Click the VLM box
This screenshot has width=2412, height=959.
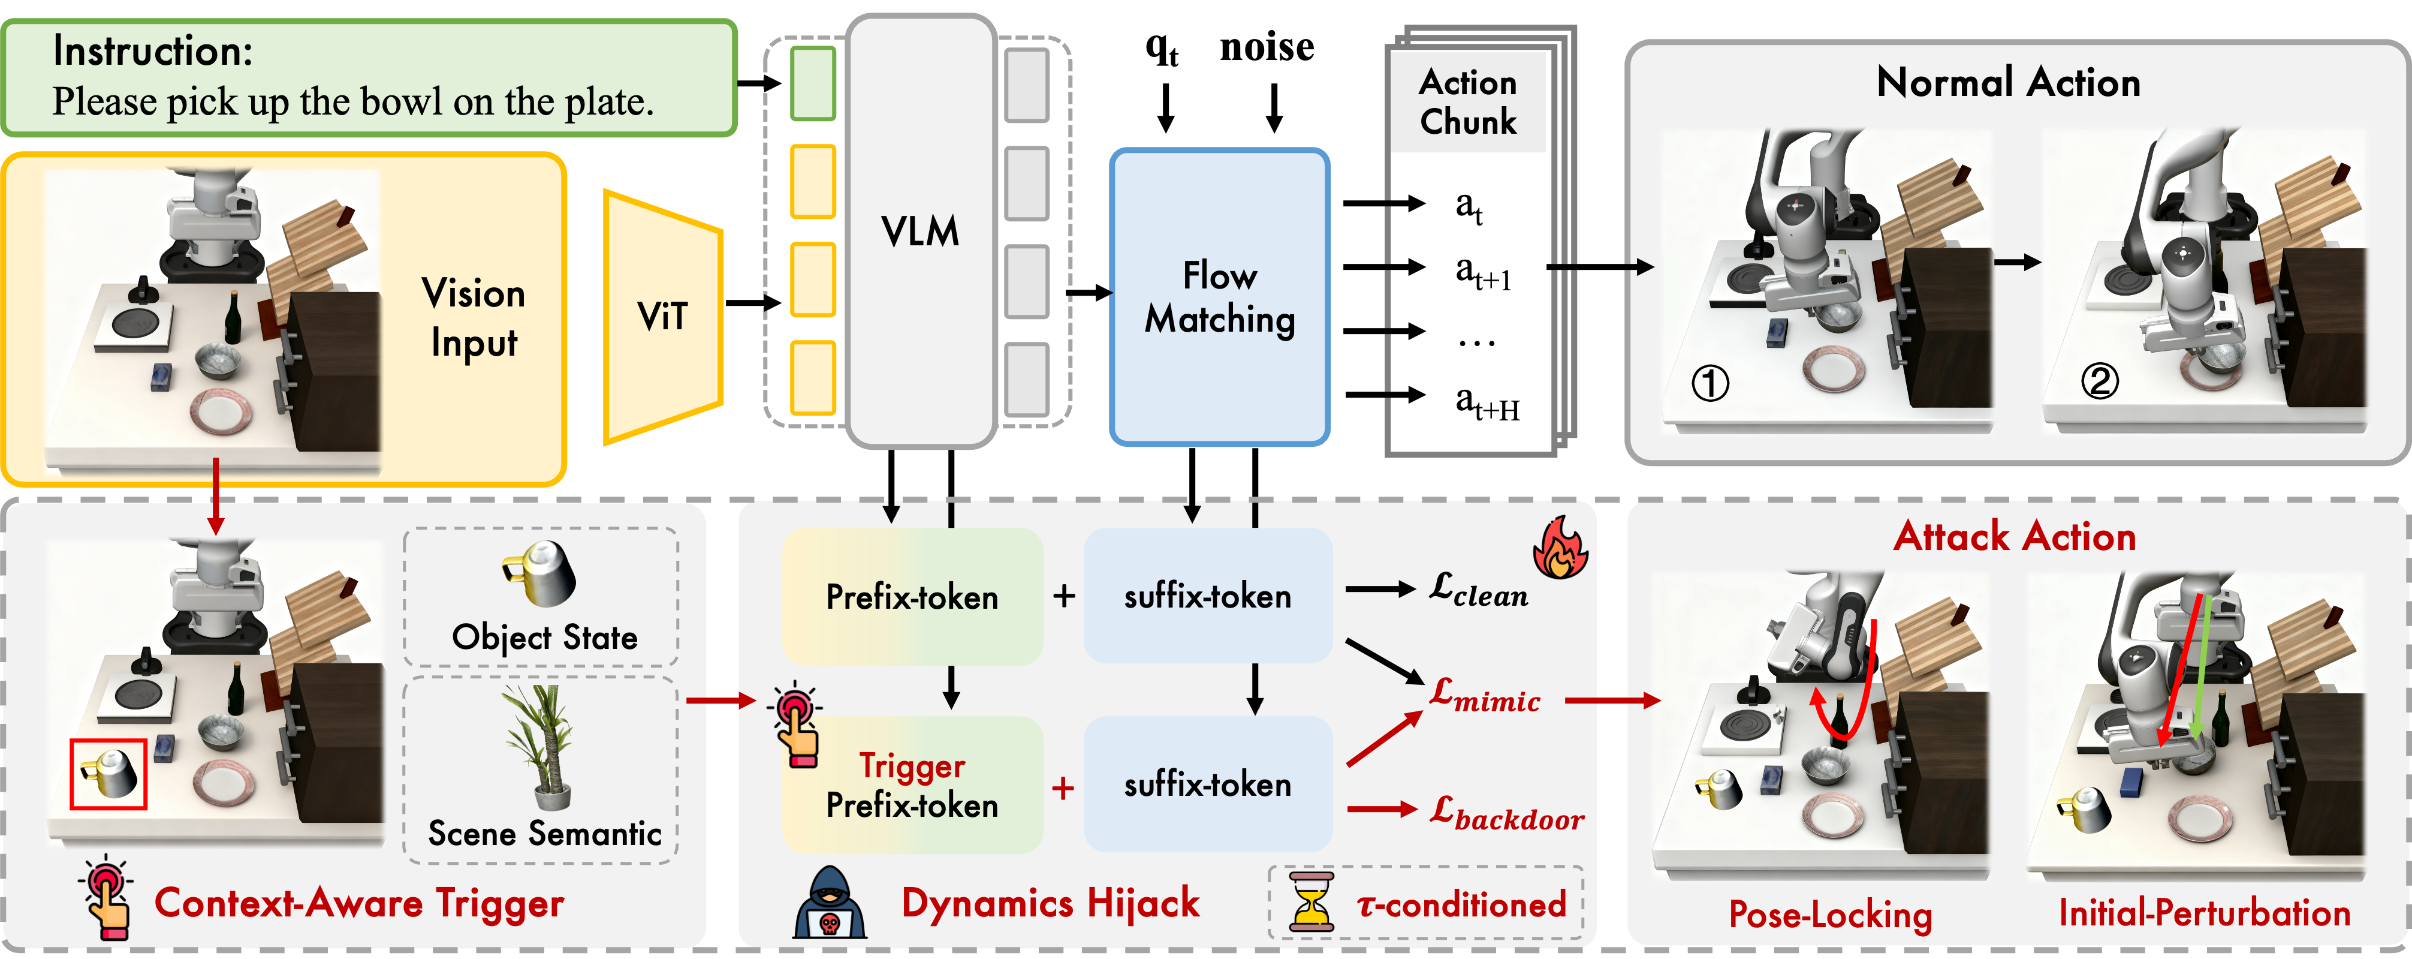pos(921,232)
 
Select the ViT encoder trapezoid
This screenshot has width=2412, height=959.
pos(663,317)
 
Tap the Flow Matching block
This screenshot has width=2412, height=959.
pos(1219,297)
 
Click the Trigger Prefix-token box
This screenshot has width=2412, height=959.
pos(912,785)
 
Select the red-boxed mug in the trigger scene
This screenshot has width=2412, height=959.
pos(108,774)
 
